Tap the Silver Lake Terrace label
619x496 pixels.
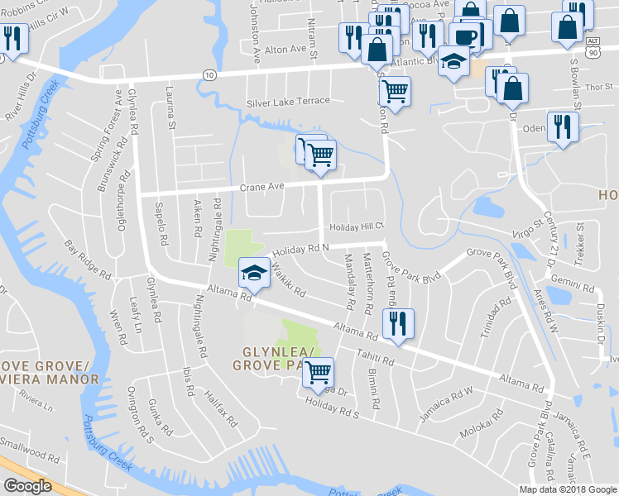[x=288, y=102]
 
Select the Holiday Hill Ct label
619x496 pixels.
[x=358, y=227]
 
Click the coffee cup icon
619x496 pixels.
[x=466, y=36]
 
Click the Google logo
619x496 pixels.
[x=27, y=486]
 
